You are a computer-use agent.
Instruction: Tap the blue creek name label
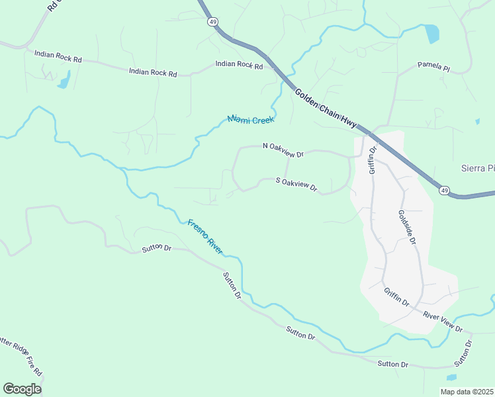[251, 119]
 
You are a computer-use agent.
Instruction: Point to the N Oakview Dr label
[283, 150]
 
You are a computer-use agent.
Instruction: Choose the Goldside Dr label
[406, 228]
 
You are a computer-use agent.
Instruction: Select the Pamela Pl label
[433, 67]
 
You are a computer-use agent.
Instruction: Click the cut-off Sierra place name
[477, 168]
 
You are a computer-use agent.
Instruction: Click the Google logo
[22, 388]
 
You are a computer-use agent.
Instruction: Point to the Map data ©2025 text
[467, 392]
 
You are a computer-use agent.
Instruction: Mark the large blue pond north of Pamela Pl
[432, 33]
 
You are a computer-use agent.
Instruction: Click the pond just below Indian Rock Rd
[64, 82]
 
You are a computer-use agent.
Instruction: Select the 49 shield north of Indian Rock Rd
[212, 22]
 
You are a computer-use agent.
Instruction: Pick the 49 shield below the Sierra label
[443, 191]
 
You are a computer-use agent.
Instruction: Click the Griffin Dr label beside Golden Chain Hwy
[373, 158]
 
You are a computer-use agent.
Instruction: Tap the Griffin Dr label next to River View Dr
[397, 296]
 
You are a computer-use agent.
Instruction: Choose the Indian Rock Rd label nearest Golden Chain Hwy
[239, 65]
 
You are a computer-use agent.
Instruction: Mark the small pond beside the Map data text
[451, 377]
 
